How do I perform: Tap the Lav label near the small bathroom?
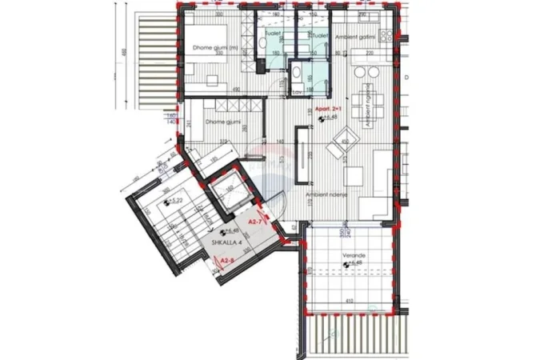[297, 93]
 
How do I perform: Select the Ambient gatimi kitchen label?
[356, 36]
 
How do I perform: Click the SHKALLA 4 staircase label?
[228, 241]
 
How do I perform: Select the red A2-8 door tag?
[226, 261]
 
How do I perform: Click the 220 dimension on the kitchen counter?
[370, 53]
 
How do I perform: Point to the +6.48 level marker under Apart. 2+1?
[327, 117]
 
